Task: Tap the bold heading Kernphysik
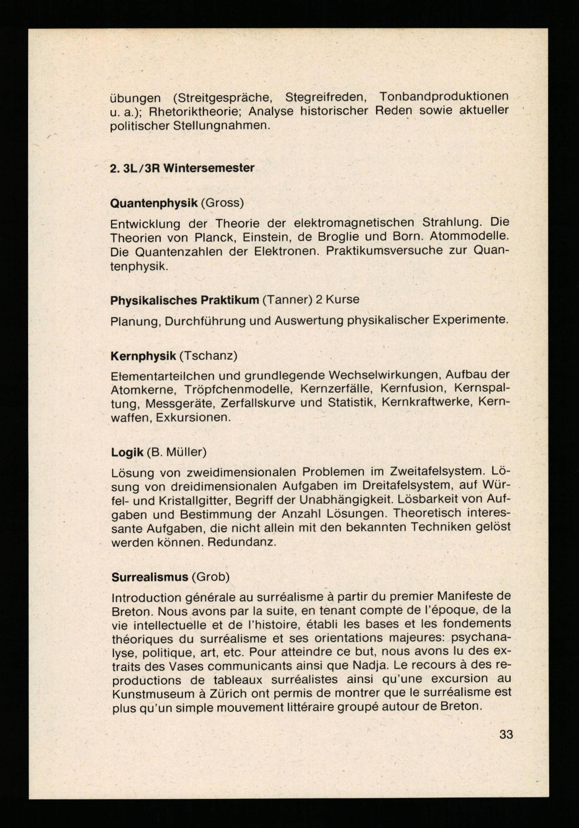(x=143, y=356)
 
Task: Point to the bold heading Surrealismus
(x=149, y=577)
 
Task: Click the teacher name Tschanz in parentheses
(x=208, y=356)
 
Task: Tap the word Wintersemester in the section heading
(x=208, y=168)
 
